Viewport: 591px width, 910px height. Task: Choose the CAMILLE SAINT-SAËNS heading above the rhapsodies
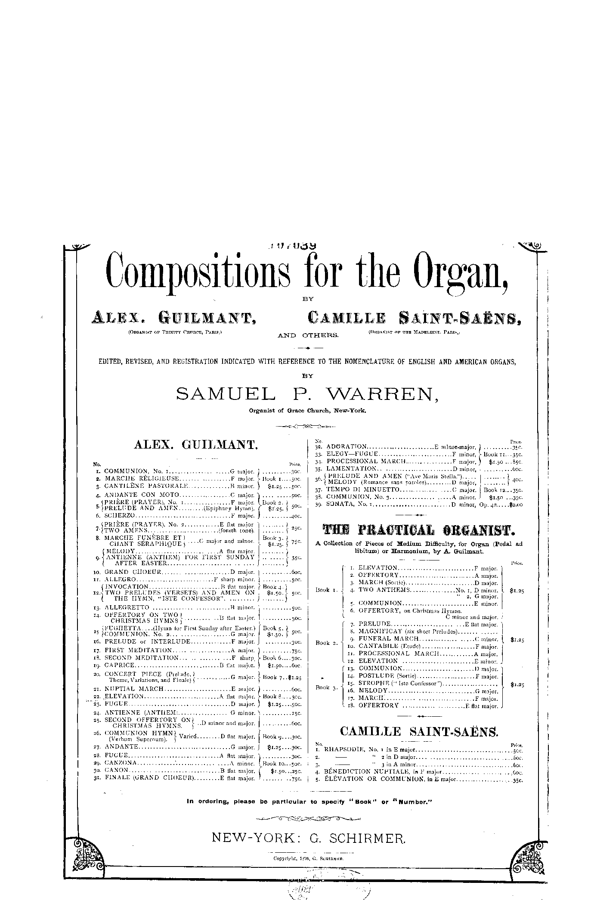point(418,731)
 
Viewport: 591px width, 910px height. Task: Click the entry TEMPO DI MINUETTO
point(363,490)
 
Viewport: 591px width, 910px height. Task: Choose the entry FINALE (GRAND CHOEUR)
point(150,778)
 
